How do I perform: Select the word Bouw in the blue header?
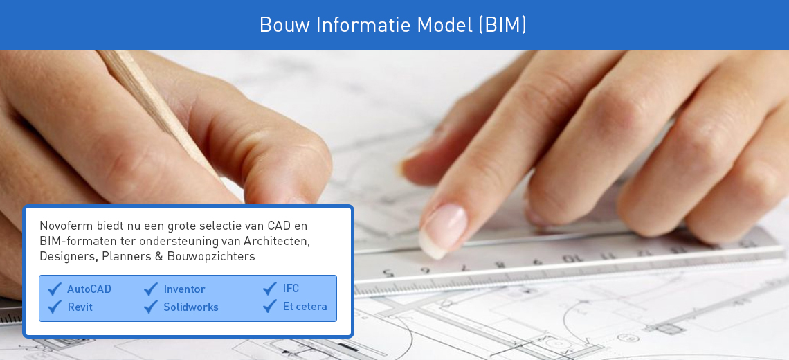[x=284, y=25]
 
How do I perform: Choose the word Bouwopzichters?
[x=211, y=256]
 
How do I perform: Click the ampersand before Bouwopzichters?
[x=158, y=256]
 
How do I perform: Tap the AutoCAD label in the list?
[x=89, y=289]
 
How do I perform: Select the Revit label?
[x=80, y=307]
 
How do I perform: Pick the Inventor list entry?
[x=184, y=289]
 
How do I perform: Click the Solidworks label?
[x=191, y=307]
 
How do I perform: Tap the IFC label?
[x=291, y=289]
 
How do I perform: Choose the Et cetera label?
[x=305, y=307]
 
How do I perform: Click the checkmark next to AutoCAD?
[x=55, y=289]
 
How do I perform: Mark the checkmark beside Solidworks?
[x=151, y=307]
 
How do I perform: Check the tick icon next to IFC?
[x=270, y=289]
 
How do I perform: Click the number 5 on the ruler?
[x=388, y=273]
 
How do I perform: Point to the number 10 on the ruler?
[x=570, y=259]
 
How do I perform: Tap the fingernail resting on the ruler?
[x=444, y=230]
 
